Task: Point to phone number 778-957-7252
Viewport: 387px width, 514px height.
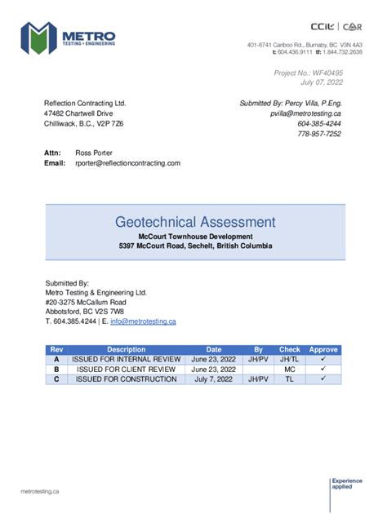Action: pos(319,134)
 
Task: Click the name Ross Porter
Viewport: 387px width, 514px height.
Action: pos(94,153)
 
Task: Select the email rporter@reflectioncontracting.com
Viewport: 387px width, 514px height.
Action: pos(127,163)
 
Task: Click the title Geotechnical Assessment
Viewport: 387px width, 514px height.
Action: pos(195,222)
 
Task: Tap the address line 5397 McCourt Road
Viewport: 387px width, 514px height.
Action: pos(195,246)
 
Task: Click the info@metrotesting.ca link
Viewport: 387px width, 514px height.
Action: pos(143,321)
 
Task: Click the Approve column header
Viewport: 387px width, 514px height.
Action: pos(322,349)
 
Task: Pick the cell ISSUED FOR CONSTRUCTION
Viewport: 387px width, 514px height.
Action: pos(126,379)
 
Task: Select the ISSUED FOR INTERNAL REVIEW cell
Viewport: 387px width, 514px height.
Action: pos(126,359)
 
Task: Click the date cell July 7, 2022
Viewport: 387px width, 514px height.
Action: pos(213,379)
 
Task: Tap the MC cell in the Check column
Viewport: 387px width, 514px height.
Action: pos(289,370)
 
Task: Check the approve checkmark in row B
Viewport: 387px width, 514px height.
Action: pos(322,370)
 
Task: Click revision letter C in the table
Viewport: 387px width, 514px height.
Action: pos(56,379)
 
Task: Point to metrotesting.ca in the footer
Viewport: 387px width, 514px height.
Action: pos(40,491)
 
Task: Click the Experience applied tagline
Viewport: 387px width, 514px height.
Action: pos(345,485)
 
